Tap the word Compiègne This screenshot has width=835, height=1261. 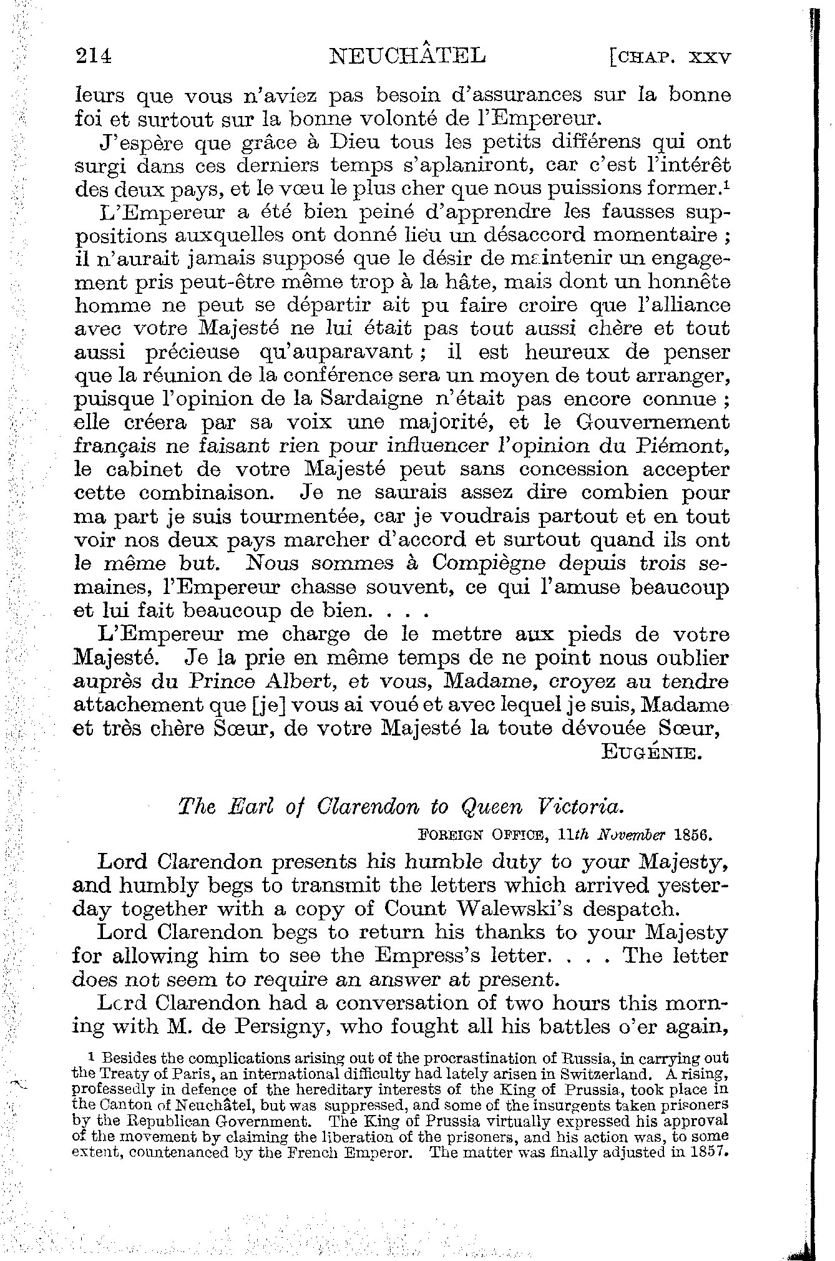[x=489, y=563]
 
